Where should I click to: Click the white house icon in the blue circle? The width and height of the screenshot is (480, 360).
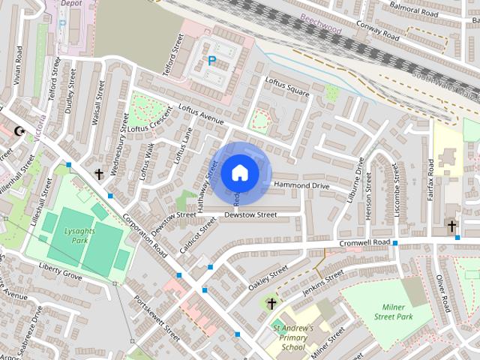pos(239,172)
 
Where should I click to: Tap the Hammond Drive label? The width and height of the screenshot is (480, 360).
pos(301,184)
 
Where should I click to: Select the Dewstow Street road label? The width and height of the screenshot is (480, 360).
pos(250,215)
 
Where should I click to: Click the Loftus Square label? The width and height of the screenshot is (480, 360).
pos(287,87)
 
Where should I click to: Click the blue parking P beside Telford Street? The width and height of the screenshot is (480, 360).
pos(211,60)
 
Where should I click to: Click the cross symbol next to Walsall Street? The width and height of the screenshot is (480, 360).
pos(98,174)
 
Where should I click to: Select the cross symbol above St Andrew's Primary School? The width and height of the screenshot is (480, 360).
pos(271,303)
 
